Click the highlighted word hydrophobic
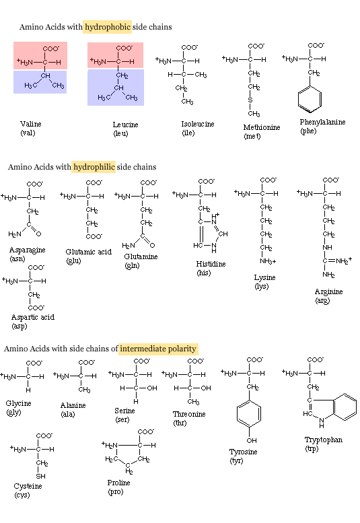(x=108, y=27)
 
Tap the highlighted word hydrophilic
(x=94, y=167)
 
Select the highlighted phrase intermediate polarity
(x=158, y=349)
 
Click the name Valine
(x=31, y=124)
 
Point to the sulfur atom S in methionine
(x=250, y=100)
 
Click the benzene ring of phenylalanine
(x=310, y=99)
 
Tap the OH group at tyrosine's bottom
(x=252, y=441)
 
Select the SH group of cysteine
(x=41, y=477)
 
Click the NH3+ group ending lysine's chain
(x=268, y=261)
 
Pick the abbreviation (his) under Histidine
(x=204, y=273)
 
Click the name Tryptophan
(x=324, y=440)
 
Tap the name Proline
(x=118, y=483)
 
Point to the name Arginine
(x=328, y=292)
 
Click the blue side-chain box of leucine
(x=116, y=88)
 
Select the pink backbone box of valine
(x=40, y=55)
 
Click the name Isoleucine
(x=198, y=124)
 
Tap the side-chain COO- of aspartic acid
(x=36, y=308)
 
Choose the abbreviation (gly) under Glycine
(x=13, y=412)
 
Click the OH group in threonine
(x=206, y=388)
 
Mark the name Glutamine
(x=141, y=256)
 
